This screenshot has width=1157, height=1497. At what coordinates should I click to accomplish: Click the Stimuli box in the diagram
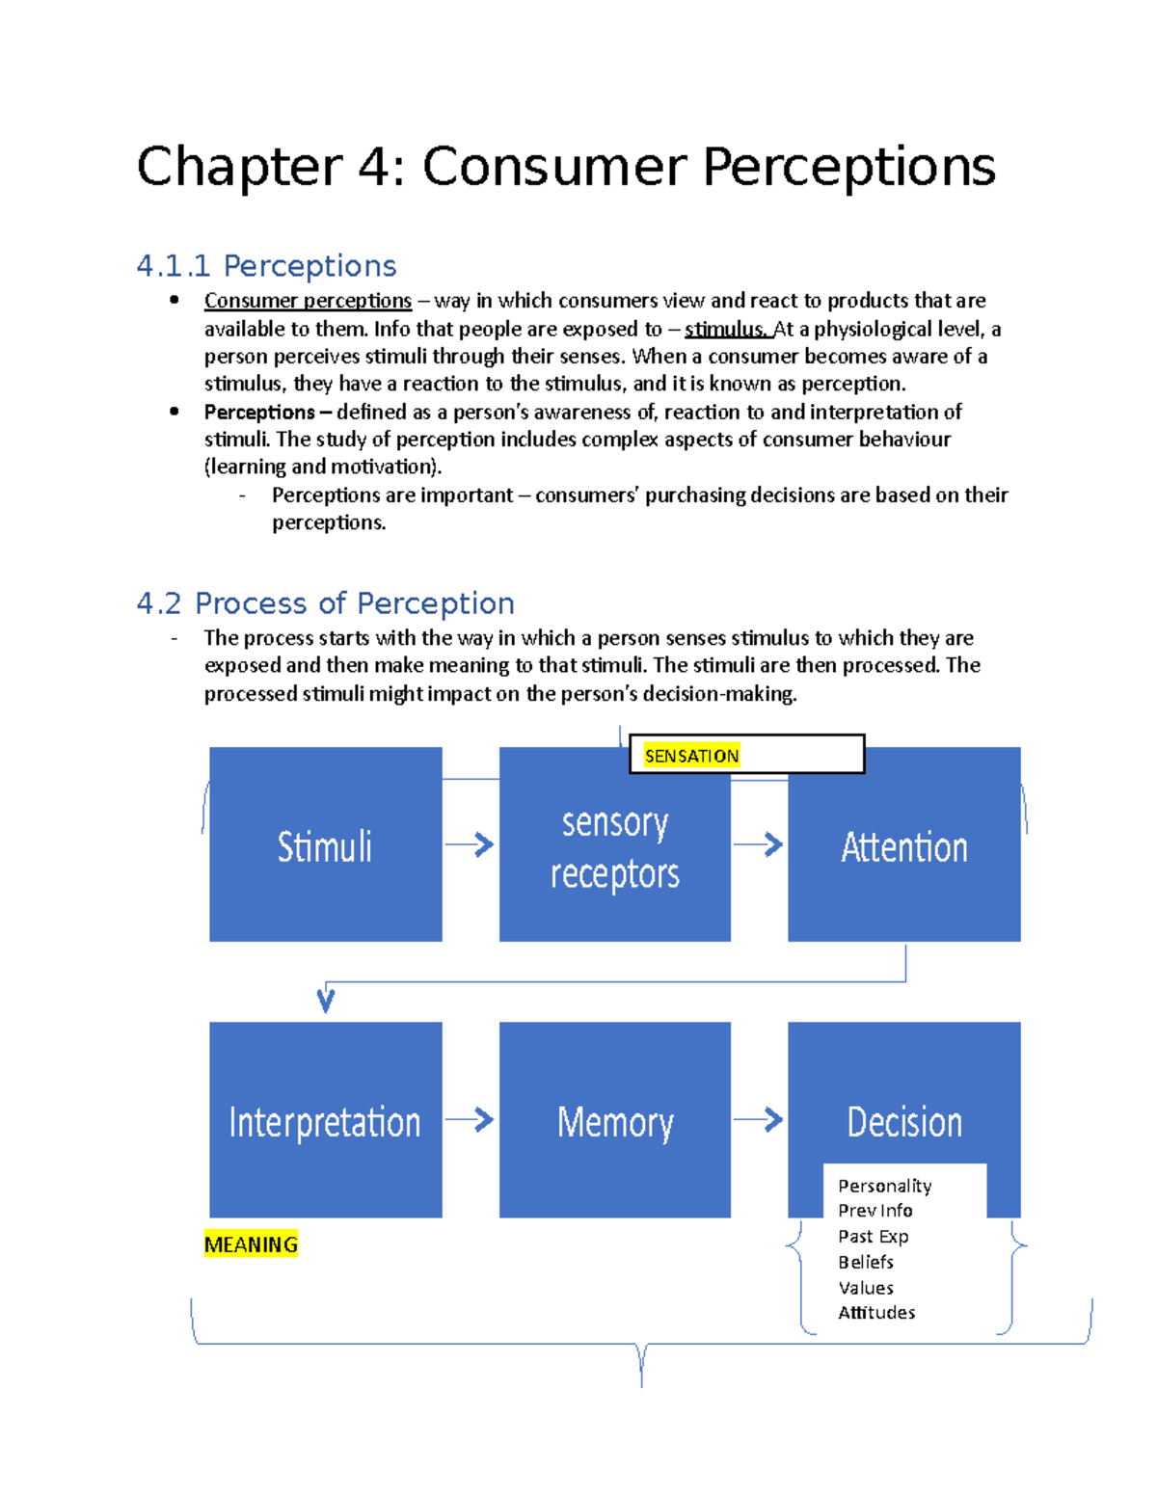click(325, 844)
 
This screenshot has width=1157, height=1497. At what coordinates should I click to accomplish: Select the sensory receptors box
click(614, 848)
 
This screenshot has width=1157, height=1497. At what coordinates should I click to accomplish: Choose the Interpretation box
click(325, 1120)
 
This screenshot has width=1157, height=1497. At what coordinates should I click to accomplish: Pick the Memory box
click(614, 1120)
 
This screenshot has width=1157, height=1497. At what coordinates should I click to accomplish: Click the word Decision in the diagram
click(904, 1122)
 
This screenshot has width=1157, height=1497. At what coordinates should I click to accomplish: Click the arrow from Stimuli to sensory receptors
click(471, 845)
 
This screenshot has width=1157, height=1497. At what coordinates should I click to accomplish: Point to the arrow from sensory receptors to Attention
click(759, 845)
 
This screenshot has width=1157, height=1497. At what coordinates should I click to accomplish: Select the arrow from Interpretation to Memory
click(471, 1120)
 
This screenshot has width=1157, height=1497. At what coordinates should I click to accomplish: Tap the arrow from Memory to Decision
click(759, 1120)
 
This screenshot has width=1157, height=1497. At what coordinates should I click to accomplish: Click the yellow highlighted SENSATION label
click(691, 756)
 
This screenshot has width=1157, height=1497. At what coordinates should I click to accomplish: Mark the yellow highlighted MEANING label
click(251, 1244)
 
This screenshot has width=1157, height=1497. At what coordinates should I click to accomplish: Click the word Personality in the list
click(884, 1186)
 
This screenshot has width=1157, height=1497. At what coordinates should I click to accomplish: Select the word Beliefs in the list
click(866, 1262)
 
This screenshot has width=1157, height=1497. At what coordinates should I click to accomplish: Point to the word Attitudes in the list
click(876, 1313)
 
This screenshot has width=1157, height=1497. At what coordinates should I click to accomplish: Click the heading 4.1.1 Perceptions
click(266, 266)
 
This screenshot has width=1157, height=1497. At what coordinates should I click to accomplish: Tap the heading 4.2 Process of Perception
click(325, 603)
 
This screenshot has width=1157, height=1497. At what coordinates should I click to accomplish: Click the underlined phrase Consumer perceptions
click(308, 301)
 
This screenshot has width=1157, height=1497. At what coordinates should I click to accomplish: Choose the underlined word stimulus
click(725, 330)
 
